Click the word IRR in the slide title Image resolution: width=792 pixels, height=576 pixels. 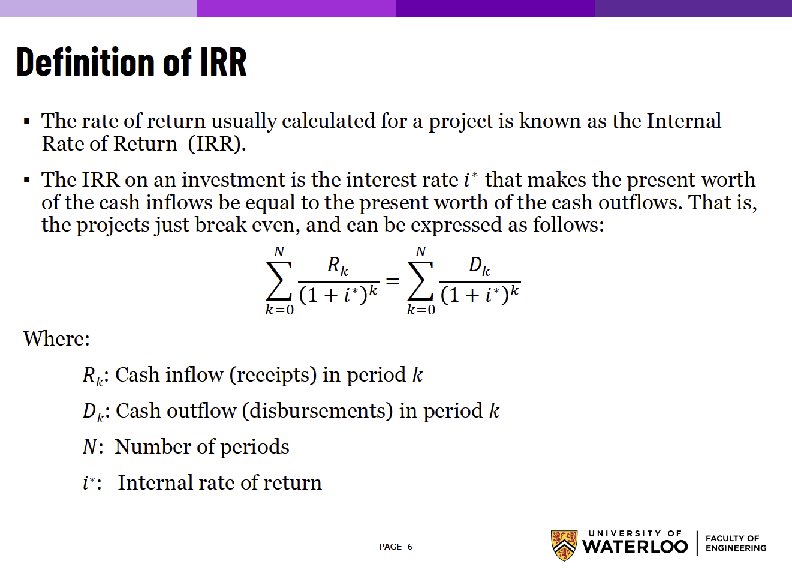pyautogui.click(x=224, y=62)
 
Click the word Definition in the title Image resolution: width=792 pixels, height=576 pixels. pyautogui.click(x=85, y=62)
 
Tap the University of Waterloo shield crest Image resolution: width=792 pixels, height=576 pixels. pyautogui.click(x=564, y=545)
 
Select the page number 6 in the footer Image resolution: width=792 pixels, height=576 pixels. pyautogui.click(x=410, y=547)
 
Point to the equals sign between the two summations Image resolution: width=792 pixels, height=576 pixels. pyautogui.click(x=393, y=281)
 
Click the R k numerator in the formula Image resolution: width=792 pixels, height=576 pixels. pyautogui.click(x=338, y=266)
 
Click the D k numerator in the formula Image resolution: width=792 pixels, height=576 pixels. pyautogui.click(x=480, y=266)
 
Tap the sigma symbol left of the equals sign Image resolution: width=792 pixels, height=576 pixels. pyautogui.click(x=279, y=281)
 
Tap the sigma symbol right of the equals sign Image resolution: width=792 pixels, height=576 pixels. pyautogui.click(x=420, y=281)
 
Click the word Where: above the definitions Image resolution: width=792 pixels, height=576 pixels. pyautogui.click(x=56, y=338)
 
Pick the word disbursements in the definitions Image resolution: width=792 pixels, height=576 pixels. pyautogui.click(x=317, y=411)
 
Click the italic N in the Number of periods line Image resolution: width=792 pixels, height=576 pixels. pyautogui.click(x=89, y=447)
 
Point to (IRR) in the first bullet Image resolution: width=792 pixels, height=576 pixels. pyautogui.click(x=217, y=144)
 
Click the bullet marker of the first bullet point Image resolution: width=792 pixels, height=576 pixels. pyautogui.click(x=26, y=122)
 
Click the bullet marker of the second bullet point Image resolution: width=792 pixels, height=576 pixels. pyautogui.click(x=26, y=180)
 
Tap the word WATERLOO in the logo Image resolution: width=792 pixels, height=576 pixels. pyautogui.click(x=635, y=547)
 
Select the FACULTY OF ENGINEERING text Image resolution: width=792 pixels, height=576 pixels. pyautogui.click(x=736, y=543)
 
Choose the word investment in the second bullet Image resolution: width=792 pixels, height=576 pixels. pyautogui.click(x=233, y=180)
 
